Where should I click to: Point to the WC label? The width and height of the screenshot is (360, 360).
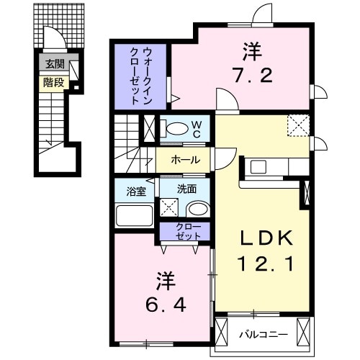point(194,127)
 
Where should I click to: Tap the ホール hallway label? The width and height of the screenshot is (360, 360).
point(185,160)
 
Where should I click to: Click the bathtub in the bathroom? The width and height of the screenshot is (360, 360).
point(134,215)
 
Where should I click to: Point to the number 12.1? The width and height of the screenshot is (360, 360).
point(262,264)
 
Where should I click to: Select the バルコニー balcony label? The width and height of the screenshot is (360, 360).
point(264,333)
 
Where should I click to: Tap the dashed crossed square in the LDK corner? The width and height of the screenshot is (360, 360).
point(297,125)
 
